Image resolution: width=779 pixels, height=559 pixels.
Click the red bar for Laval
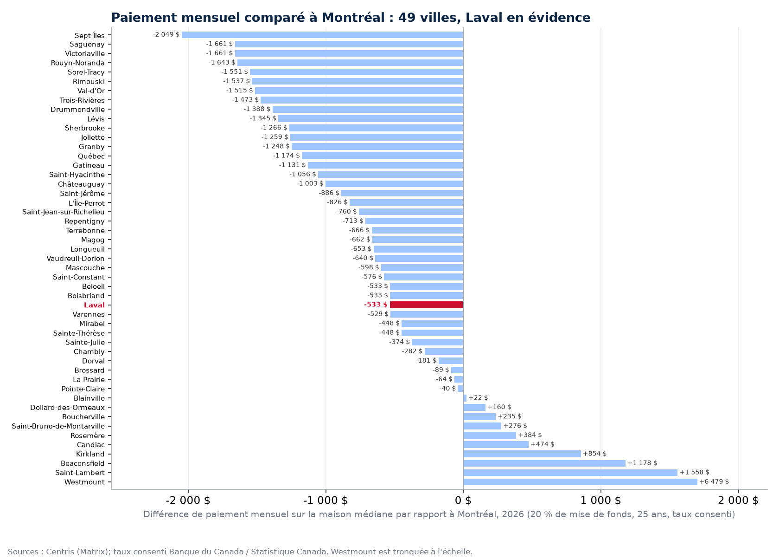(x=427, y=305)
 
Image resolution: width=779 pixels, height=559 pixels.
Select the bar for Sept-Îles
(x=322, y=35)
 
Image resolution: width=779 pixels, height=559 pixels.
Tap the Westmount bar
(x=580, y=481)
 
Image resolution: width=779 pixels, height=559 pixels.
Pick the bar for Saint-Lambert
(x=570, y=473)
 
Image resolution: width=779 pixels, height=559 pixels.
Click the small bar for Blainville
(x=465, y=398)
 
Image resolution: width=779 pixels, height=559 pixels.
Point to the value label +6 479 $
(x=714, y=481)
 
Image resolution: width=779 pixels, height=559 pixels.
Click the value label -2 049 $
(x=166, y=34)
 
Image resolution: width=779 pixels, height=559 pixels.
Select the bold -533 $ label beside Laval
(x=376, y=305)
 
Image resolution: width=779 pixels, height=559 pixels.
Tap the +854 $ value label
(x=594, y=454)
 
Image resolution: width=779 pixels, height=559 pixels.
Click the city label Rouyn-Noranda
(x=77, y=63)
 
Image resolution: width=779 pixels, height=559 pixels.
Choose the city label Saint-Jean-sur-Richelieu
(x=63, y=212)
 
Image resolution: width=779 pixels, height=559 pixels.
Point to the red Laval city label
(x=94, y=305)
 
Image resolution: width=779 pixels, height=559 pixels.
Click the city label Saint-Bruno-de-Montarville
(x=58, y=426)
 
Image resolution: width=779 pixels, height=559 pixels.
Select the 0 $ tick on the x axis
(x=463, y=500)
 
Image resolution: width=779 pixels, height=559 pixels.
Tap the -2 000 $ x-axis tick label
(x=188, y=500)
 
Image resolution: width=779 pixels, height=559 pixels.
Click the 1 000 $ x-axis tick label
(x=600, y=500)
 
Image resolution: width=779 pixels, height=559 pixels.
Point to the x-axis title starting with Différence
(x=439, y=514)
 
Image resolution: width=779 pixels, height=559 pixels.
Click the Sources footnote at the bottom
(x=240, y=552)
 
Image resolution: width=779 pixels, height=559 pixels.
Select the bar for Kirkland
(x=522, y=454)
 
